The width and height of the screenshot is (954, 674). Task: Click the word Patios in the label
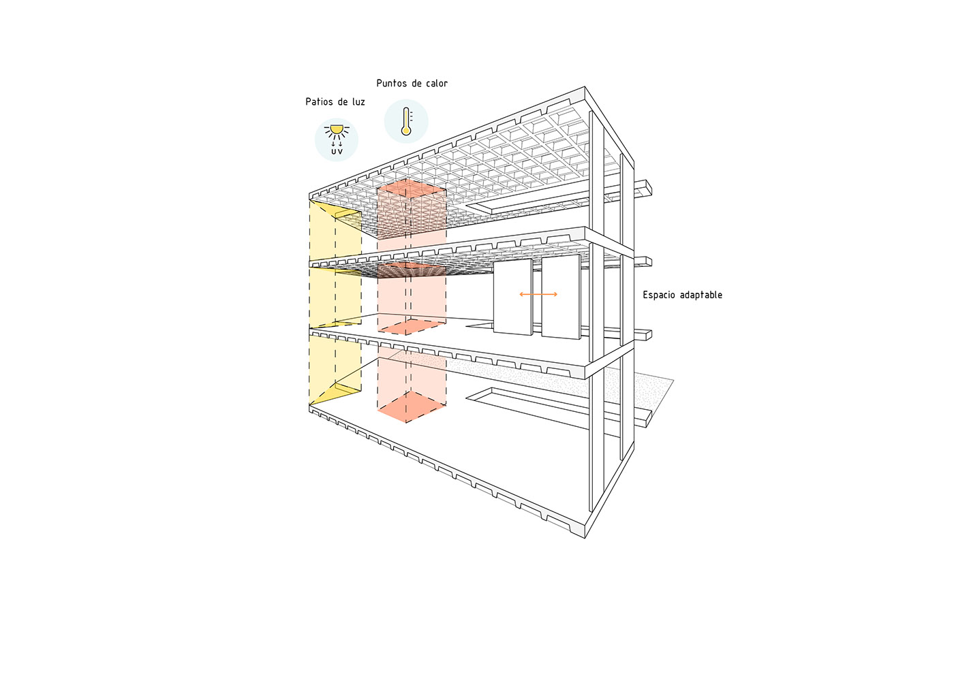tap(320, 101)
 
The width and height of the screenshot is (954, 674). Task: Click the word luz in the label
tap(358, 101)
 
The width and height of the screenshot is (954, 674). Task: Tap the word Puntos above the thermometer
tap(391, 83)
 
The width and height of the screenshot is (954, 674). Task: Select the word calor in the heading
tap(436, 83)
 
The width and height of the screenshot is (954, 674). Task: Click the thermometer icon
tap(406, 121)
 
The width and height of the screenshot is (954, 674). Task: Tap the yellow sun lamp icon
tap(337, 132)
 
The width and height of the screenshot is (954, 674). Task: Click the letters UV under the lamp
tap(337, 151)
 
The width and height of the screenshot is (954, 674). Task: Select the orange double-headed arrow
tap(538, 294)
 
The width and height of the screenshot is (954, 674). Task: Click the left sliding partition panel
tap(512, 297)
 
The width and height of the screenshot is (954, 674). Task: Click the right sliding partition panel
tap(561, 297)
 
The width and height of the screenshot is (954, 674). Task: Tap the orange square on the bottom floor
tap(412, 407)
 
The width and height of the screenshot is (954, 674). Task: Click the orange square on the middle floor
tap(412, 326)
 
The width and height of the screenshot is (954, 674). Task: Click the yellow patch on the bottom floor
tap(335, 394)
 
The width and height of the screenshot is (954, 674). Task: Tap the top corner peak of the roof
tap(585, 87)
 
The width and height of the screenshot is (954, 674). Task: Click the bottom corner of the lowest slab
tap(585, 539)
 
